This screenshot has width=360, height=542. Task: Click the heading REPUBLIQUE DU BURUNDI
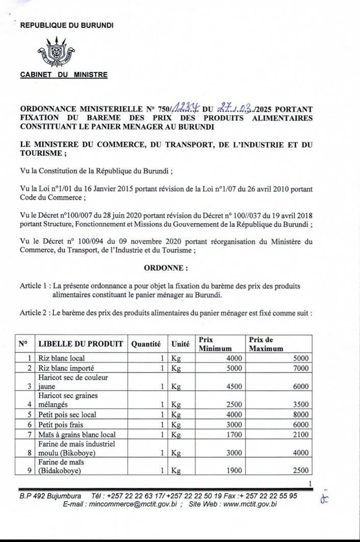point(67,24)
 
